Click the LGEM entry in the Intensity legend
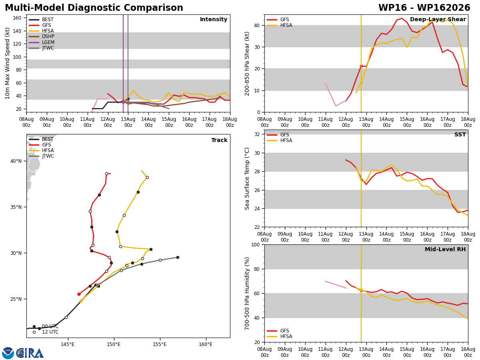42,42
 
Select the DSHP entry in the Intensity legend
42,36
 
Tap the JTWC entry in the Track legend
41,156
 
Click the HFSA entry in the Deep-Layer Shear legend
280,25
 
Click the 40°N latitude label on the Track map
16,161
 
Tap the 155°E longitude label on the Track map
160,345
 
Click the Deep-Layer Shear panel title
438,19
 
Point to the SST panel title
460,134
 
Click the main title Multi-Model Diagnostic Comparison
94,8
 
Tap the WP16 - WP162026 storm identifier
424,8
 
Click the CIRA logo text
30,353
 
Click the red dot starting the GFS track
79,294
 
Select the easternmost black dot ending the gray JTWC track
178,258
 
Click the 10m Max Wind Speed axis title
7,63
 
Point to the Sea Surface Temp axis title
247,178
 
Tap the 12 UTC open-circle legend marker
34,332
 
